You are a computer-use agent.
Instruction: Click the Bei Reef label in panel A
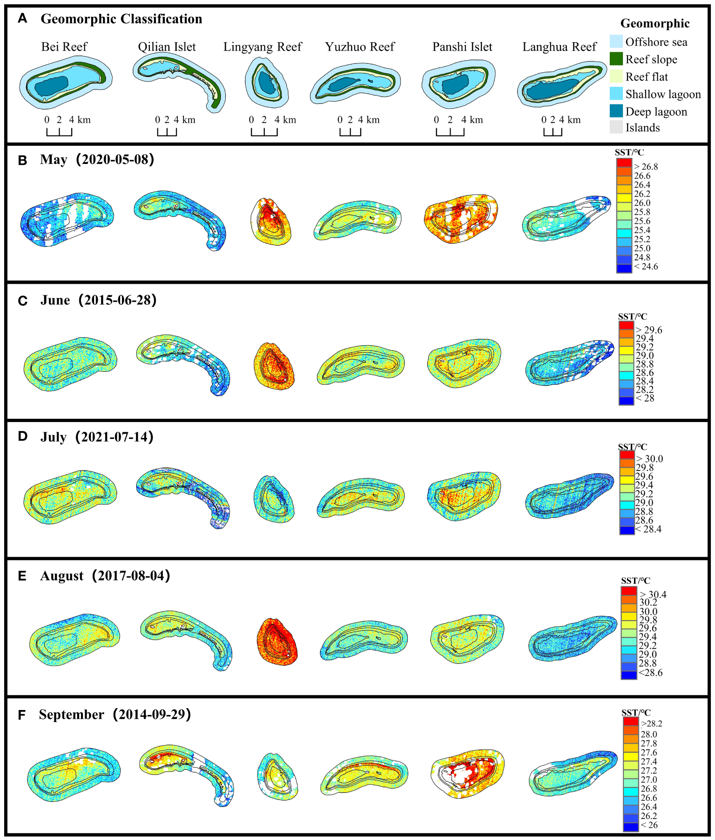click(64, 47)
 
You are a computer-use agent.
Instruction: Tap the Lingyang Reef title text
click(263, 47)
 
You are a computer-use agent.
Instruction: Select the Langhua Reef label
click(559, 47)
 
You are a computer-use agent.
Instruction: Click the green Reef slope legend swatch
click(616, 59)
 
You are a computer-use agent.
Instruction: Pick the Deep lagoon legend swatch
click(616, 111)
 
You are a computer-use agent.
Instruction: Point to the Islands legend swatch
click(616, 127)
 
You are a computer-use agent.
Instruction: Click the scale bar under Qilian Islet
click(167, 132)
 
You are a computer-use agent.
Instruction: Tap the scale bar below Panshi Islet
click(450, 132)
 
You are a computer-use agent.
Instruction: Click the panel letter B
click(22, 161)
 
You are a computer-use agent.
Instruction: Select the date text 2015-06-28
click(117, 300)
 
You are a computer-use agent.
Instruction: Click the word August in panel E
click(62, 576)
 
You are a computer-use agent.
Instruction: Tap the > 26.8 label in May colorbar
click(646, 167)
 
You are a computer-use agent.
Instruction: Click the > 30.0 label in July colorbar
click(649, 459)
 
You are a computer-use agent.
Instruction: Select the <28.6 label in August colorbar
click(650, 673)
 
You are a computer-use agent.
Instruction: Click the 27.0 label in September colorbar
click(648, 779)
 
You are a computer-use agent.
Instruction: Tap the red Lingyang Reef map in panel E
click(277, 642)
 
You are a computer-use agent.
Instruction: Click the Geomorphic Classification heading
click(121, 19)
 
